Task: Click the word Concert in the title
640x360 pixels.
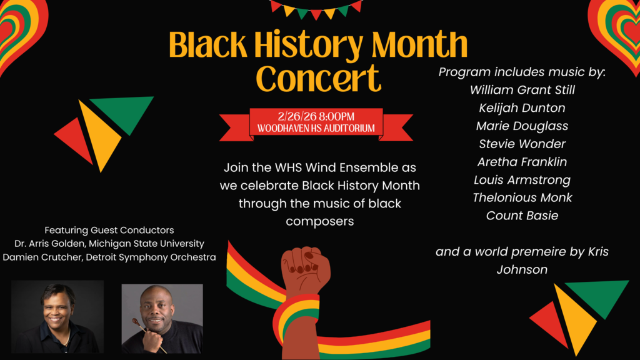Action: point(318,78)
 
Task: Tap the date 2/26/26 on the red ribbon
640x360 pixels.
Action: point(297,117)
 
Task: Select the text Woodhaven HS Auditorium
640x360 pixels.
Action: point(316,129)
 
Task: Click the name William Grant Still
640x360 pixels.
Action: point(522,90)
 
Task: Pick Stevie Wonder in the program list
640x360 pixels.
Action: point(522,144)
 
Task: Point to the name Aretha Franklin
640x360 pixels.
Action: point(522,162)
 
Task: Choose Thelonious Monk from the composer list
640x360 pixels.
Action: point(522,197)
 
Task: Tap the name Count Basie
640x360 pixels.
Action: point(522,216)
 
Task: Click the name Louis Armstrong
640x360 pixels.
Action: point(522,180)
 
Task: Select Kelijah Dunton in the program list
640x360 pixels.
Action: point(522,108)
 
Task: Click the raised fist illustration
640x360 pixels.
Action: point(305,269)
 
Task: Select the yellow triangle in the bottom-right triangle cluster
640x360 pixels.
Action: point(574,319)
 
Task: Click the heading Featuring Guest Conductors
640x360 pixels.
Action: point(109,230)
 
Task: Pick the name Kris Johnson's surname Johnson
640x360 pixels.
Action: point(522,270)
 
